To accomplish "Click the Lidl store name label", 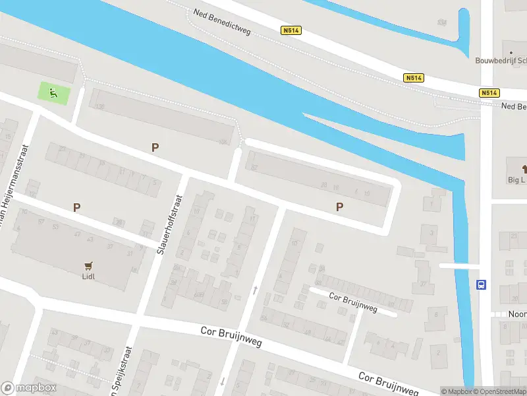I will click(x=89, y=277).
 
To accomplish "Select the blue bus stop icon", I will click(x=482, y=285).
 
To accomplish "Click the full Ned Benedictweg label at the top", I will click(x=223, y=22).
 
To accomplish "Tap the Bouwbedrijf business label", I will click(x=501, y=60).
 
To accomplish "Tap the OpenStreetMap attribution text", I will click(x=500, y=391).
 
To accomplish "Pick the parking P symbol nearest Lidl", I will click(x=76, y=207).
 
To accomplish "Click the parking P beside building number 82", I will click(x=340, y=207).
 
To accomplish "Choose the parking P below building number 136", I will click(x=155, y=148).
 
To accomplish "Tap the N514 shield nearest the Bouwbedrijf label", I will click(x=488, y=93).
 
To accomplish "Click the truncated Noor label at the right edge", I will click(x=517, y=314).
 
